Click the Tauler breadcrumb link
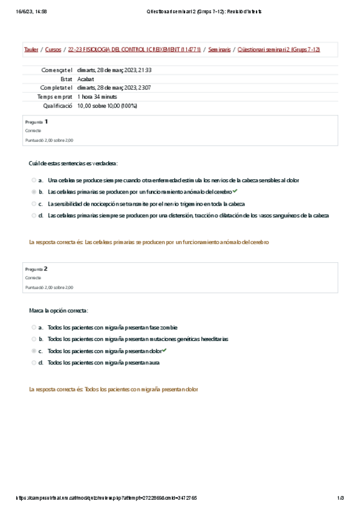[31, 50]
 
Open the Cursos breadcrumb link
[53, 50]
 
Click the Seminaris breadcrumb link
[219, 50]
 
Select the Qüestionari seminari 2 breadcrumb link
[279, 50]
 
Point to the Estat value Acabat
[86, 79]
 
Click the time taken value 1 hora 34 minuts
[97, 96]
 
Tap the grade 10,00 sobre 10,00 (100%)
[108, 106]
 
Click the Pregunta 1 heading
[37, 121]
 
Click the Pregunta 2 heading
[37, 269]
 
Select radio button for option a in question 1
[34, 180]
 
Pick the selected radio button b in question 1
[34, 192]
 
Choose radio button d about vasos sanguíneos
[34, 215]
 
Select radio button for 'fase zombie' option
[34, 328]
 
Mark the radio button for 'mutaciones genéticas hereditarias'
[34, 339]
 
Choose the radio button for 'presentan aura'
[34, 363]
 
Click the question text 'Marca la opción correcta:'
[58, 310]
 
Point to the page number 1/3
[340, 498]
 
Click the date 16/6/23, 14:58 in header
[28, 11]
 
